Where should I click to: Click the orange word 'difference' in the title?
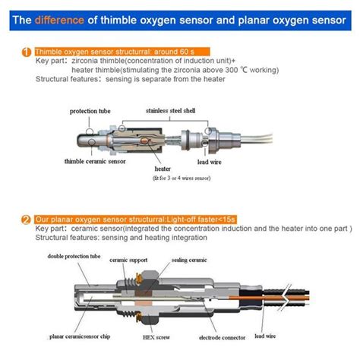pos(67,21)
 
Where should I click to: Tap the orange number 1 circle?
pos(27,52)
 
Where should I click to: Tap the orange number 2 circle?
pos(27,219)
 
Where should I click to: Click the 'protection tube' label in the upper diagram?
pos(90,111)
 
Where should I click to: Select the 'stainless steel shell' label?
pos(172,110)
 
